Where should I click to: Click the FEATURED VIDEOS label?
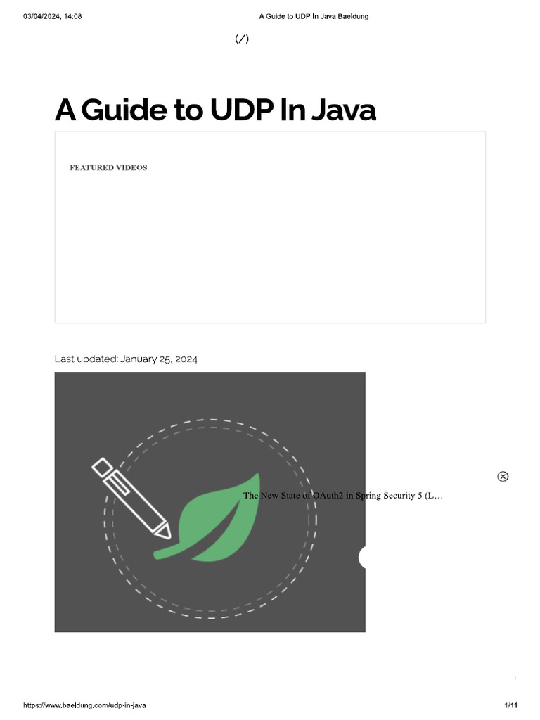(x=108, y=168)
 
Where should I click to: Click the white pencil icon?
(x=131, y=498)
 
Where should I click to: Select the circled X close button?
(x=503, y=477)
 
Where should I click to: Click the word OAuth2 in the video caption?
(x=328, y=496)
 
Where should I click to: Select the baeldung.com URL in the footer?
(x=84, y=705)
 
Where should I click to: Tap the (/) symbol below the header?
(x=242, y=39)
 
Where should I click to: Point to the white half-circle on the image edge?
(x=362, y=558)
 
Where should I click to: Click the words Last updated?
(x=86, y=359)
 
